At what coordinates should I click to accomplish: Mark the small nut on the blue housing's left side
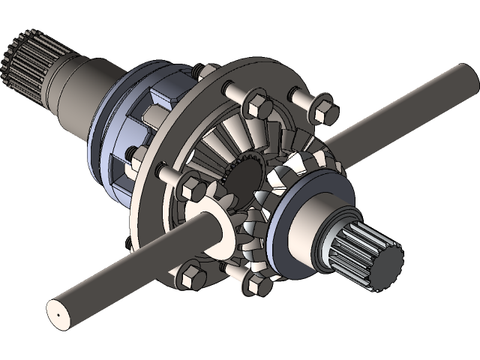(134, 153)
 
